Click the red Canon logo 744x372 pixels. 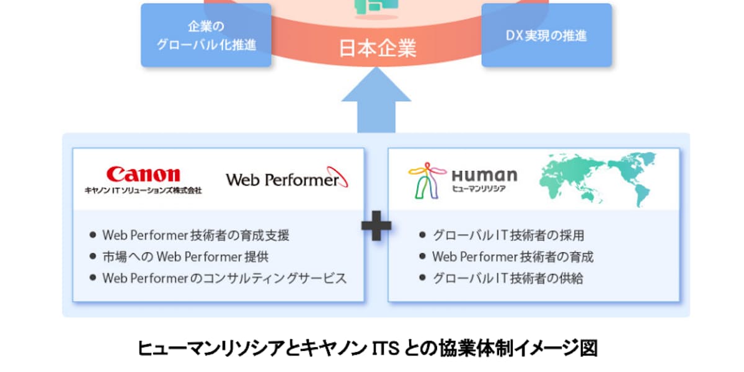tap(143, 174)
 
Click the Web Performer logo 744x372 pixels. tap(286, 179)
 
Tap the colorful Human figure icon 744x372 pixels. tap(427, 180)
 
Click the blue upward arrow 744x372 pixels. tap(376, 102)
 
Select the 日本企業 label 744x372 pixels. tap(376, 48)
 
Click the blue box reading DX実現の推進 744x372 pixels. tap(546, 35)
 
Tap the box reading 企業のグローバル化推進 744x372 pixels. tap(206, 35)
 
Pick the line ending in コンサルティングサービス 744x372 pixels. tap(224, 278)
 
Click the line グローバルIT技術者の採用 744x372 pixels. tap(508, 236)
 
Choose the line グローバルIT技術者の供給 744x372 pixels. tap(508, 278)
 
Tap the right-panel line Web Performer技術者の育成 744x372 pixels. tap(513, 257)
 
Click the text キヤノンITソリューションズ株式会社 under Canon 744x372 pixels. tap(143, 190)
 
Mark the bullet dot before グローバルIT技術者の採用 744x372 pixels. tap(422, 236)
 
